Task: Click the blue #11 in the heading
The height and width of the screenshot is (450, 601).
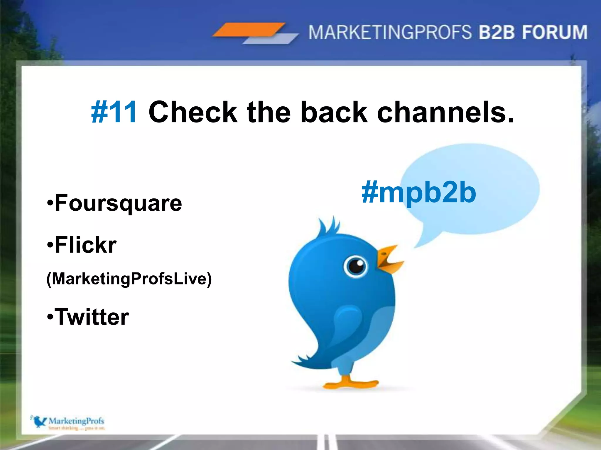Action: pos(114,112)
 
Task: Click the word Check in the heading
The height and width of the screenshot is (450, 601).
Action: pos(193,112)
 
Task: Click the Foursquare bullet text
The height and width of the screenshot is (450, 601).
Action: pos(114,203)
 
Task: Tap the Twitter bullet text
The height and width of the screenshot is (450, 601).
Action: pos(88,317)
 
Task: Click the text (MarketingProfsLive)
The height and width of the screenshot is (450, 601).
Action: pos(129,279)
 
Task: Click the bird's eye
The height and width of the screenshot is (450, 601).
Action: pos(356,266)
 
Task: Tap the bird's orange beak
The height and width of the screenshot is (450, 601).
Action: pos(389,259)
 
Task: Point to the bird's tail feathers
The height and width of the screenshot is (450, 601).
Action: pos(305,362)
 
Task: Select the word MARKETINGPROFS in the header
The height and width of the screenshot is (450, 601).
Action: pos(390,32)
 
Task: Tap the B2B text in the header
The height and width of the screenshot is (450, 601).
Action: pos(497,32)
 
